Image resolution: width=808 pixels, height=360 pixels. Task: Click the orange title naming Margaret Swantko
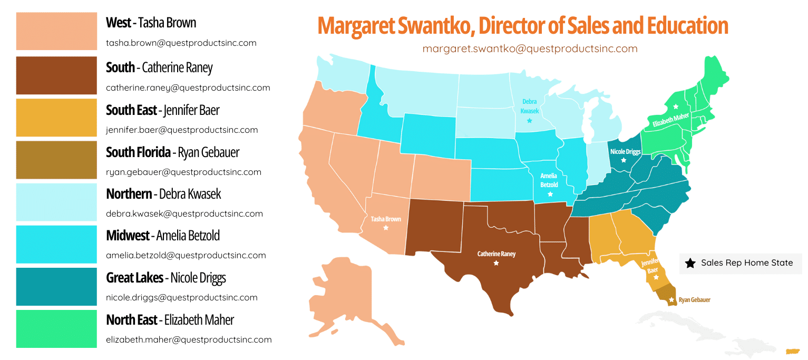tap(522, 26)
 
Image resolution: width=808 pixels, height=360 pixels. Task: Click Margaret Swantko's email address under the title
tap(530, 48)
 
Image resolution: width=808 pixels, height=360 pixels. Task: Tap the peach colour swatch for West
tap(56, 31)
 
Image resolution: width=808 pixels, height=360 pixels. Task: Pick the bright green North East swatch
tap(56, 328)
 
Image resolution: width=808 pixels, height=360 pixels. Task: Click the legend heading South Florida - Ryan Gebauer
tap(172, 152)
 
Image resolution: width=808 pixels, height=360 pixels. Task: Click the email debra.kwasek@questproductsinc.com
tap(184, 213)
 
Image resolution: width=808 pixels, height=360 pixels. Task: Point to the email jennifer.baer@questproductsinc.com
tap(182, 130)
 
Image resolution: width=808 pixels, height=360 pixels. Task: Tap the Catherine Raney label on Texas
tap(496, 254)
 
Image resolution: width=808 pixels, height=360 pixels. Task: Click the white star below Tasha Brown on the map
tap(386, 228)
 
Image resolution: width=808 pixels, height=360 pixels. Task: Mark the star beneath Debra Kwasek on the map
tap(529, 121)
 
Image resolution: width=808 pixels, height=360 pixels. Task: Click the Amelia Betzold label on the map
tap(549, 181)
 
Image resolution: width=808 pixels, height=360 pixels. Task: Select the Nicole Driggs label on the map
tap(625, 151)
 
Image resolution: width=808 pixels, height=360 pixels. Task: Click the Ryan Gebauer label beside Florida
tap(694, 300)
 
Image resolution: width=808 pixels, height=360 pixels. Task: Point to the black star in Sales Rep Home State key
tap(690, 262)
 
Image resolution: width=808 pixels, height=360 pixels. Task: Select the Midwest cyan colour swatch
tap(56, 244)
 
